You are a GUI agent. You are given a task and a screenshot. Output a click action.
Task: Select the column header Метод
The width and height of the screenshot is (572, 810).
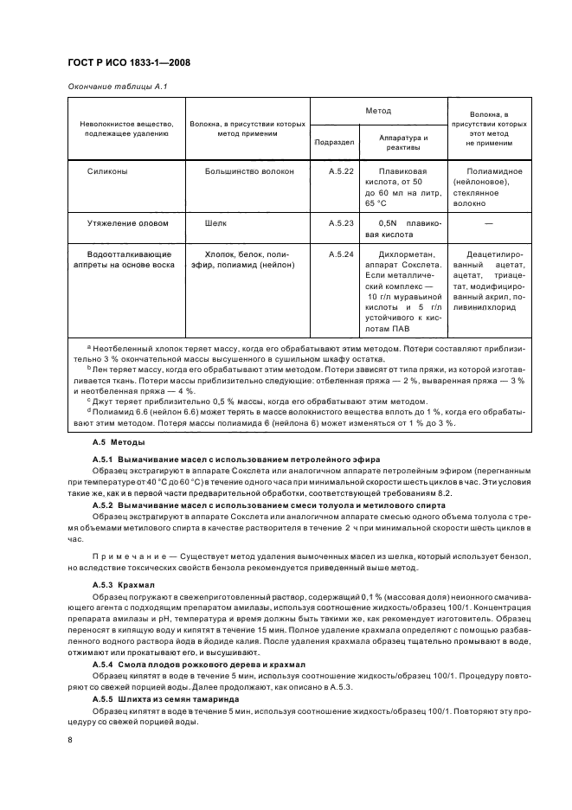[378, 112]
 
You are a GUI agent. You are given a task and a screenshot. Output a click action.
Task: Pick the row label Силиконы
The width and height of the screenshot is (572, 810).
[108, 172]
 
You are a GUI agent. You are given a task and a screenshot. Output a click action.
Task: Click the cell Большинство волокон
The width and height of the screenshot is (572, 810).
[249, 172]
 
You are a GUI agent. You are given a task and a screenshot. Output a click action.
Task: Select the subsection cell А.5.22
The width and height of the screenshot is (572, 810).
[342, 172]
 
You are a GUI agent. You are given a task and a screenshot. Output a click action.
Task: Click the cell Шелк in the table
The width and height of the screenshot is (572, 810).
[216, 223]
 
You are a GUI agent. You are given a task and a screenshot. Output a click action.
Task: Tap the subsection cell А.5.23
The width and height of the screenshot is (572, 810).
[342, 223]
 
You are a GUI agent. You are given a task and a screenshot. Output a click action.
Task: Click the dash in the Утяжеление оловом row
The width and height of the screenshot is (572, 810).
[489, 223]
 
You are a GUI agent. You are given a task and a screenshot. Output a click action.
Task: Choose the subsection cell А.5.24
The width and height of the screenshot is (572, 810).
[342, 255]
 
